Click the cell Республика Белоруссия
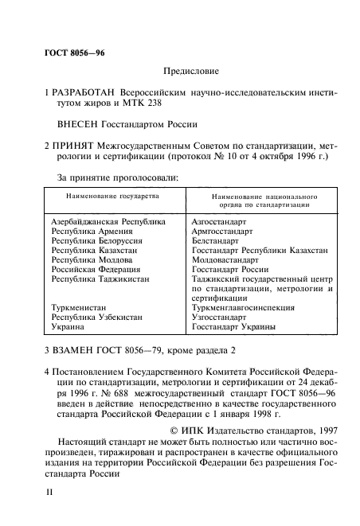97,240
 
